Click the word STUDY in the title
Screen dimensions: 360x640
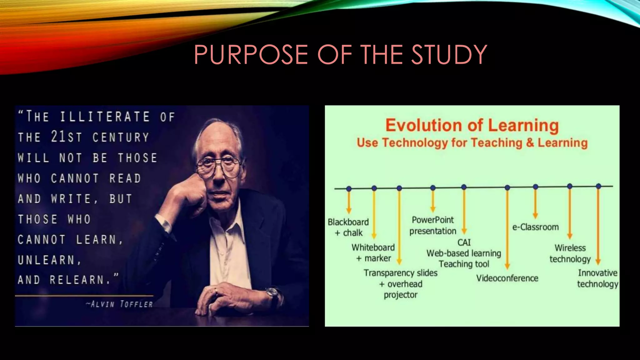pyautogui.click(x=449, y=54)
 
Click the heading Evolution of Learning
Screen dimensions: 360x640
pyautogui.click(x=472, y=125)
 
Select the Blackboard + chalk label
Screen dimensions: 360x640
pyautogui.click(x=348, y=227)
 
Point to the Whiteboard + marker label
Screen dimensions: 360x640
pyautogui.click(x=373, y=252)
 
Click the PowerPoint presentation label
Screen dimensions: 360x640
pyautogui.click(x=433, y=225)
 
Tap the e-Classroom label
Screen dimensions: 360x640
pyautogui.click(x=535, y=227)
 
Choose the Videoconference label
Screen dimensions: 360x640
pyautogui.click(x=507, y=278)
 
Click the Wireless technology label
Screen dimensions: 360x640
pyautogui.click(x=570, y=253)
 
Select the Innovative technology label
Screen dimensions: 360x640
pyautogui.click(x=597, y=278)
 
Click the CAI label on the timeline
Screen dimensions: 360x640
pyautogui.click(x=464, y=242)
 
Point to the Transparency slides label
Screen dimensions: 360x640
pyautogui.click(x=400, y=273)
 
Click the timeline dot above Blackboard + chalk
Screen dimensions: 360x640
pyautogui.click(x=349, y=189)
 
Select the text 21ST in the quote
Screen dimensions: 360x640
pyautogui.click(x=66, y=137)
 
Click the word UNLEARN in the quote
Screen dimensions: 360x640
pyautogui.click(x=46, y=260)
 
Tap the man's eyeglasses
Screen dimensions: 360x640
pyautogui.click(x=218, y=165)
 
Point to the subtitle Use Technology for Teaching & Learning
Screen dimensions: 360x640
pyautogui.click(x=472, y=143)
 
